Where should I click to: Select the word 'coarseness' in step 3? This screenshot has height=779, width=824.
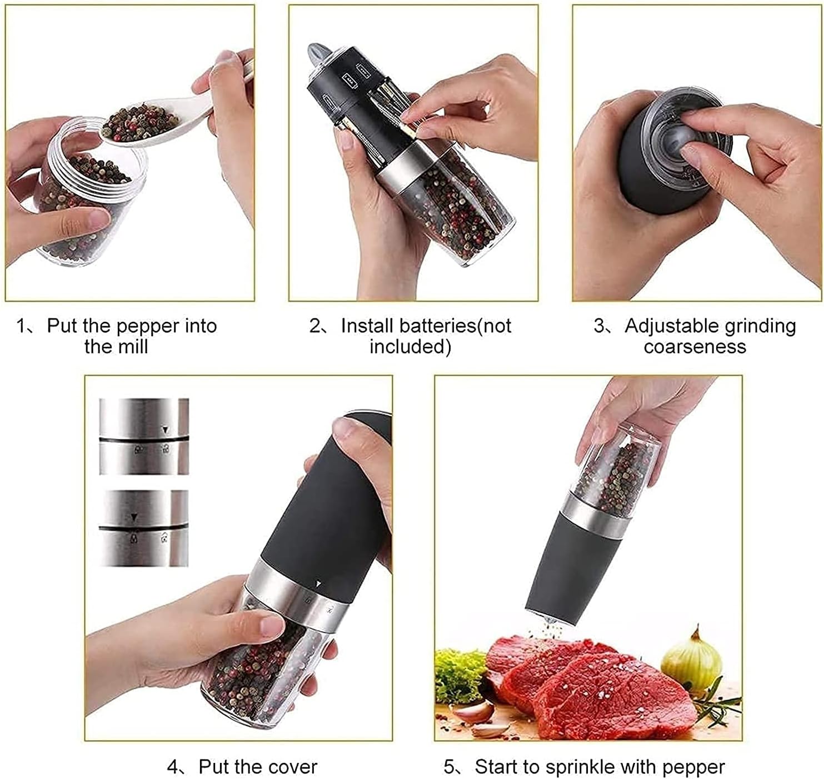(695, 347)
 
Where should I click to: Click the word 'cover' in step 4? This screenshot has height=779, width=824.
(291, 767)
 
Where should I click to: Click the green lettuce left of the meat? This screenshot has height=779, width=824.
(458, 675)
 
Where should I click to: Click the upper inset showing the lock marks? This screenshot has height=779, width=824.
(144, 436)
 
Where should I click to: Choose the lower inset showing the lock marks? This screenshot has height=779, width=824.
(144, 528)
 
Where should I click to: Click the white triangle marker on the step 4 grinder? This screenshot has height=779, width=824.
(318, 584)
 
